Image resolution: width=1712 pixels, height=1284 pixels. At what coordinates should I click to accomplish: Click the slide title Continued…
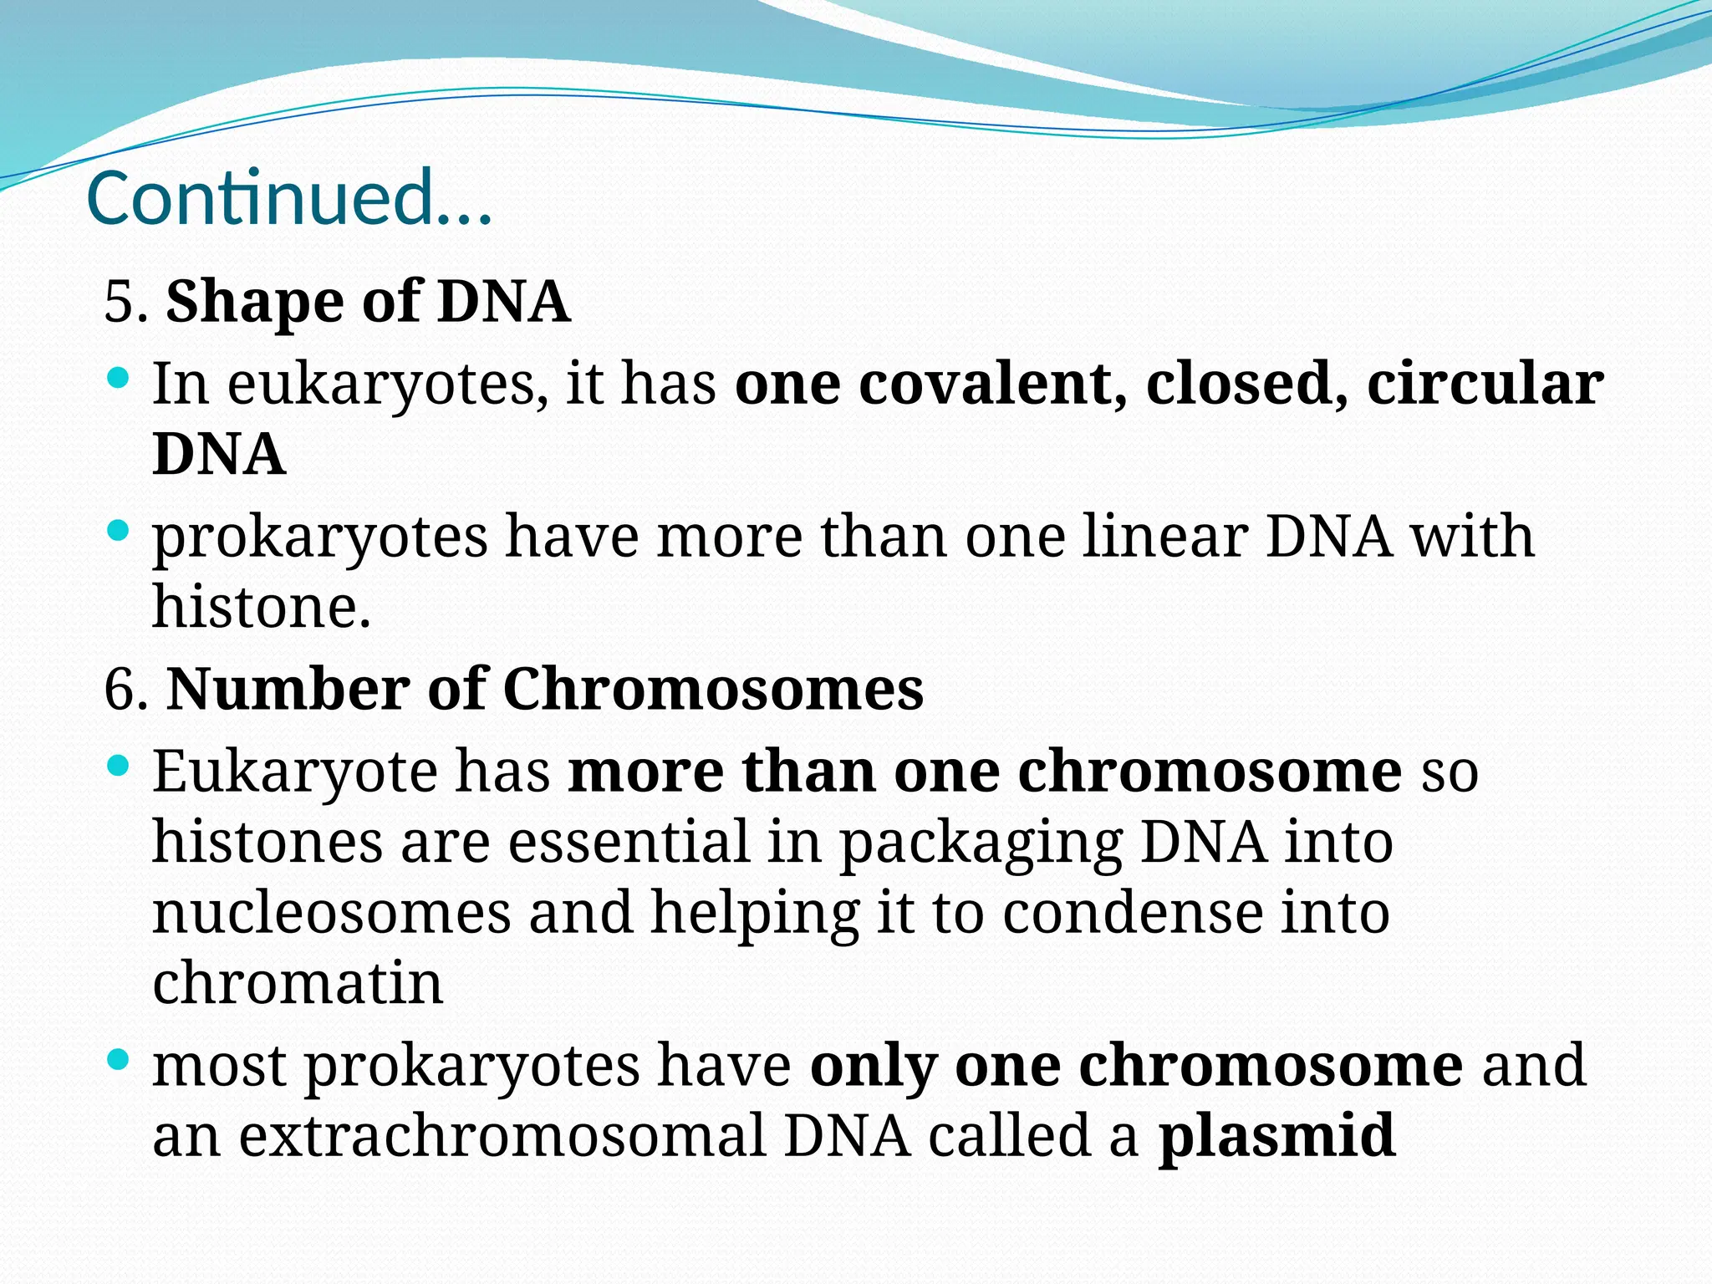point(288,199)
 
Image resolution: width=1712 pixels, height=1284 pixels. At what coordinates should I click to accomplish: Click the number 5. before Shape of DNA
point(125,302)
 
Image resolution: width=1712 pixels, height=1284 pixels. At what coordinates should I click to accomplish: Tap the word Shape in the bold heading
point(254,302)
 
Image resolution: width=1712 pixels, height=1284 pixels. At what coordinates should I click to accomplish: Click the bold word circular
point(1485,384)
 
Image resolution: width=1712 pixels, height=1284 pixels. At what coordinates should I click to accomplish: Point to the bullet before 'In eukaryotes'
point(119,379)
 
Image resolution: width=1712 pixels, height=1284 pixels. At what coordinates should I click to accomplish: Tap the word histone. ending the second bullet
point(261,607)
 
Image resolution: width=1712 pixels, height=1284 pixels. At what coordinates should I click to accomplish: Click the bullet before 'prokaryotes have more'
point(119,531)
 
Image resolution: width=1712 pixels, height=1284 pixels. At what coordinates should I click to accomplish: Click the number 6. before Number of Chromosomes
point(126,690)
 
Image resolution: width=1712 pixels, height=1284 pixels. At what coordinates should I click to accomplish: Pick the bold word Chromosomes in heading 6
point(712,690)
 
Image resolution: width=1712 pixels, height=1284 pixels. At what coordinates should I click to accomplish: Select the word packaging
point(980,843)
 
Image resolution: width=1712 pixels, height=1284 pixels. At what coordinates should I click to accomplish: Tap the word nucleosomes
point(331,913)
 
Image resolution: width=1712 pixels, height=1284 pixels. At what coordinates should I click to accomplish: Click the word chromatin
point(298,983)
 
